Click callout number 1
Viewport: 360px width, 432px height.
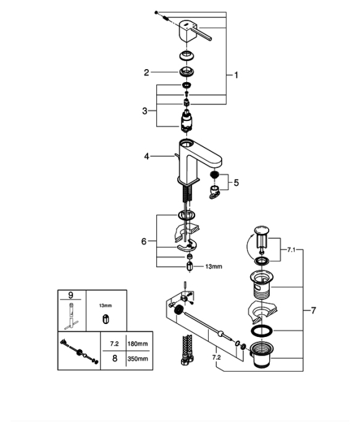coord(236,75)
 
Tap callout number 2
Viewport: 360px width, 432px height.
coord(146,72)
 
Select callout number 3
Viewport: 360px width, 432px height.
coord(144,111)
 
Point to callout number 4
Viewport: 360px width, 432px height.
coord(146,157)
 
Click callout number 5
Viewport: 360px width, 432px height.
coord(237,183)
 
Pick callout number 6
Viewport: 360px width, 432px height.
coord(144,241)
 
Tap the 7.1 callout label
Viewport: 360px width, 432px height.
coord(291,250)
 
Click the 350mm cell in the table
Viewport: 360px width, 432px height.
coord(138,359)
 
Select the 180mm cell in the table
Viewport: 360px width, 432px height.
coord(138,344)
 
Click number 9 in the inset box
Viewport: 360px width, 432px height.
coord(71,295)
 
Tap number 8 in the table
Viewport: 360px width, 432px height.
coord(115,359)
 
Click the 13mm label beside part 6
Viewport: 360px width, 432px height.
coord(214,267)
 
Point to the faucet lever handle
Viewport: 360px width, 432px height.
coord(195,31)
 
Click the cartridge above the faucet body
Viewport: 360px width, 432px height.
coord(186,120)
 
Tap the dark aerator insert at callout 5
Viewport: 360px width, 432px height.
coord(214,175)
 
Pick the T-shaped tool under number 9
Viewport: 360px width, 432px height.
coord(72,316)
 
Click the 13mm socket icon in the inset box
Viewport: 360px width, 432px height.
coord(106,319)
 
